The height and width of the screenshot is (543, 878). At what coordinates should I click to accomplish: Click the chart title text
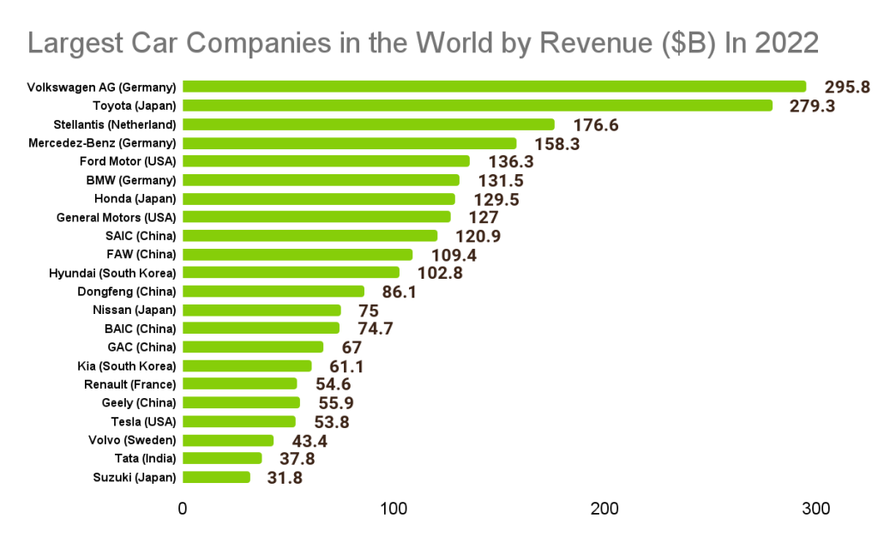point(424,42)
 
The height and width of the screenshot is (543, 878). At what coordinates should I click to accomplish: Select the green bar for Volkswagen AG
point(494,87)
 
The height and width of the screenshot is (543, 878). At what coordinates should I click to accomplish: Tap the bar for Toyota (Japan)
point(477,106)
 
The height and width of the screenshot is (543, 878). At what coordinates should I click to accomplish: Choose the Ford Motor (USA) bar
point(326,161)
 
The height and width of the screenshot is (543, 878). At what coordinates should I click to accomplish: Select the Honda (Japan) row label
point(136,198)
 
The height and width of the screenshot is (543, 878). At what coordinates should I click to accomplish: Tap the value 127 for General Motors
point(484,218)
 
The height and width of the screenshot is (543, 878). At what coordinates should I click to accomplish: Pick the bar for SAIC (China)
point(310,236)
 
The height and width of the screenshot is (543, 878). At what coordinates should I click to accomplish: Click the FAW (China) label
point(141,254)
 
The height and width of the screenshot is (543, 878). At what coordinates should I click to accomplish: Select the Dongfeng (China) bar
point(274,292)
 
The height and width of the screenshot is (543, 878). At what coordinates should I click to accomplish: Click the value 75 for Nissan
point(367,311)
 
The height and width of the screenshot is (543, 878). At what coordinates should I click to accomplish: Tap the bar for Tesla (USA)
point(239,421)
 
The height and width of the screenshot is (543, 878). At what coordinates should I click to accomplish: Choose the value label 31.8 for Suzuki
point(285,478)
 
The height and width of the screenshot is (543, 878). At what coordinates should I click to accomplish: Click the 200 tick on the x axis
point(605,509)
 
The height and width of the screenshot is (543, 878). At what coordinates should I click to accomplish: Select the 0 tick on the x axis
point(183,509)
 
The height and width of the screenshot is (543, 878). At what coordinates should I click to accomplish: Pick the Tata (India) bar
point(222,458)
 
